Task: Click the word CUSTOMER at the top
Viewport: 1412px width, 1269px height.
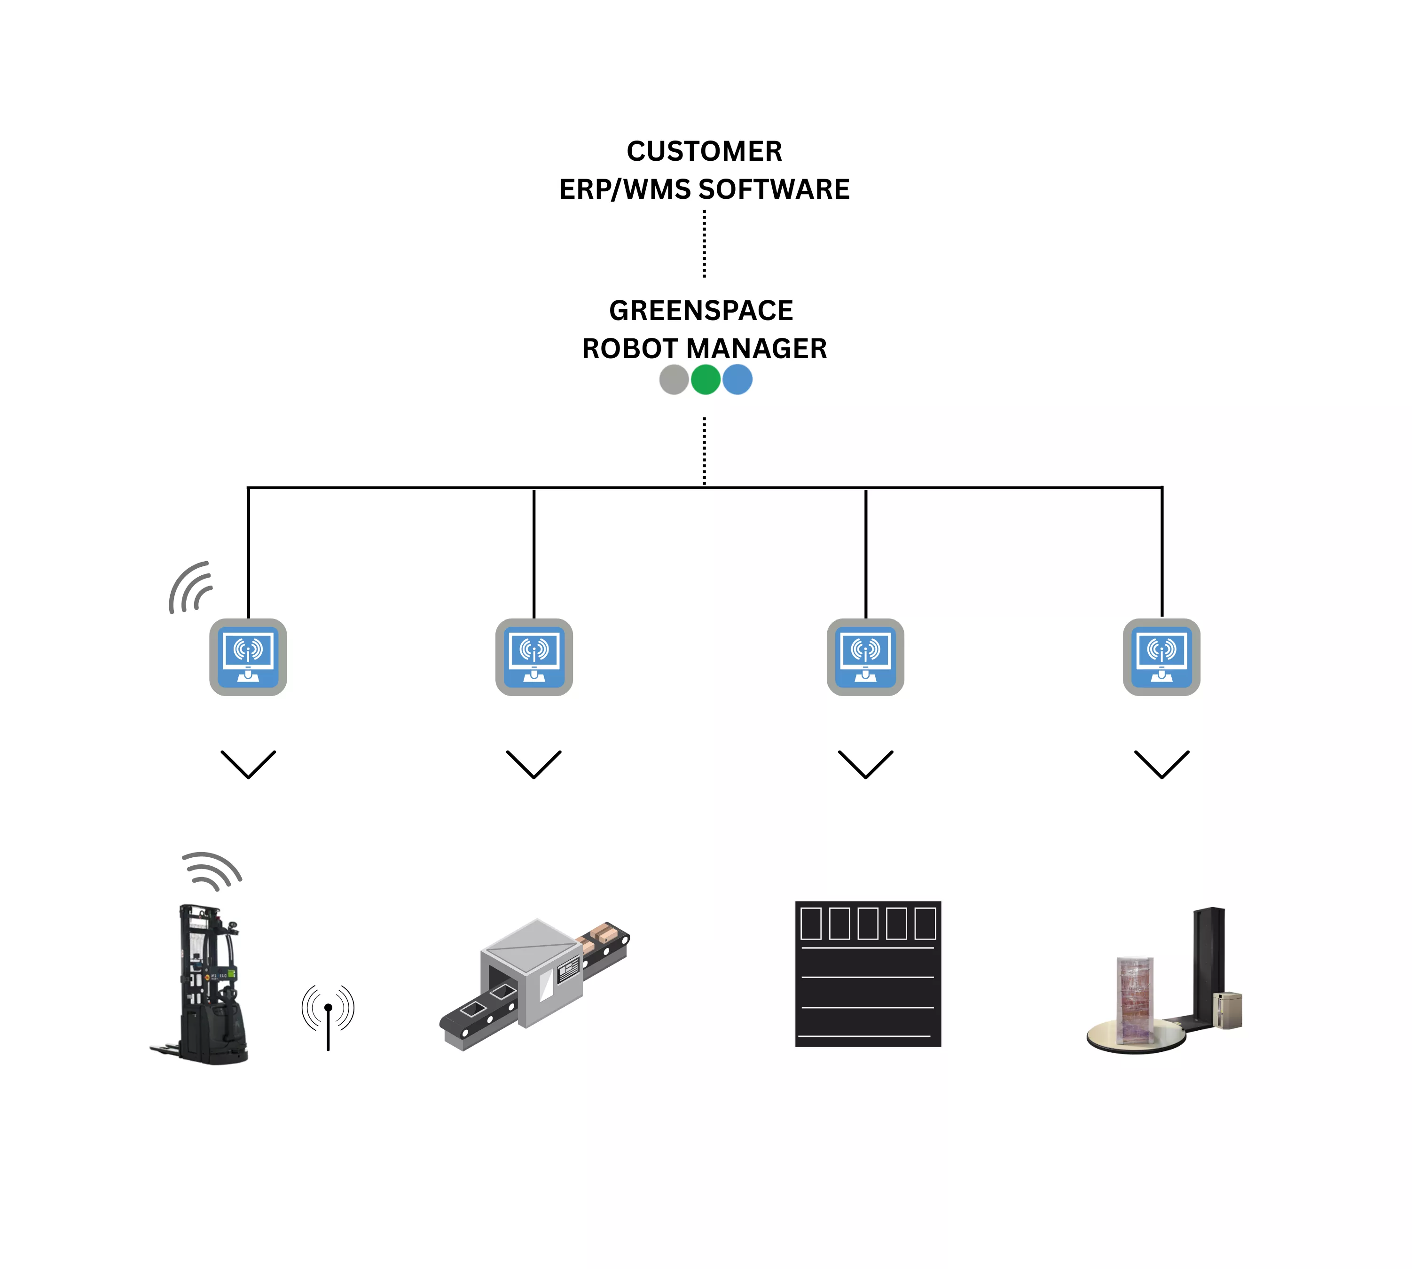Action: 704,151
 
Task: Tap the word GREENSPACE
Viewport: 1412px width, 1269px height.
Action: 701,310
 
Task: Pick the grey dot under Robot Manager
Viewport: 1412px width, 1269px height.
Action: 674,380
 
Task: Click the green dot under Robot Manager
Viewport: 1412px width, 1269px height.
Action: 705,380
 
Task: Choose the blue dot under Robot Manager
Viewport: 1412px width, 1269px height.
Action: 737,380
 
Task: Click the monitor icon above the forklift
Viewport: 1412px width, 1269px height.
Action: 248,657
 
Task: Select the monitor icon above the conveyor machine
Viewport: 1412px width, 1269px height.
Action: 534,657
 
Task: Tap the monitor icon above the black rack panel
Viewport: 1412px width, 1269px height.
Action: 865,657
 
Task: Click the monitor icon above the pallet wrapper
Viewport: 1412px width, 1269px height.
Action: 1161,657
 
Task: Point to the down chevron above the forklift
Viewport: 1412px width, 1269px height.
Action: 248,764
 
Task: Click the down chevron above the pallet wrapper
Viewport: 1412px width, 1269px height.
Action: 1161,764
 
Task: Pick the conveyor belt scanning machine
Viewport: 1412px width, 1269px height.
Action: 534,983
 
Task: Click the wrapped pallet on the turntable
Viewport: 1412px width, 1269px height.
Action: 1135,1001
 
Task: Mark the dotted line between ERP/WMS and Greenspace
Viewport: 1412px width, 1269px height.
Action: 704,244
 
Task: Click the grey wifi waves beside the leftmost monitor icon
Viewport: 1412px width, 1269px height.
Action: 190,588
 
